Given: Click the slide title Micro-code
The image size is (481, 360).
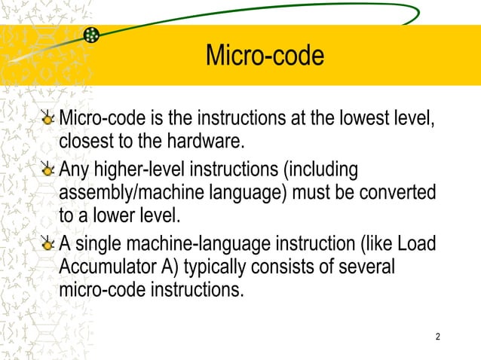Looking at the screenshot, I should pyautogui.click(x=265, y=55).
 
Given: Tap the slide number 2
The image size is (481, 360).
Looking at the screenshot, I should pyautogui.click(x=438, y=335).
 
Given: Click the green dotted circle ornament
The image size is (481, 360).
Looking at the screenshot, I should pyautogui.click(x=92, y=35).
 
